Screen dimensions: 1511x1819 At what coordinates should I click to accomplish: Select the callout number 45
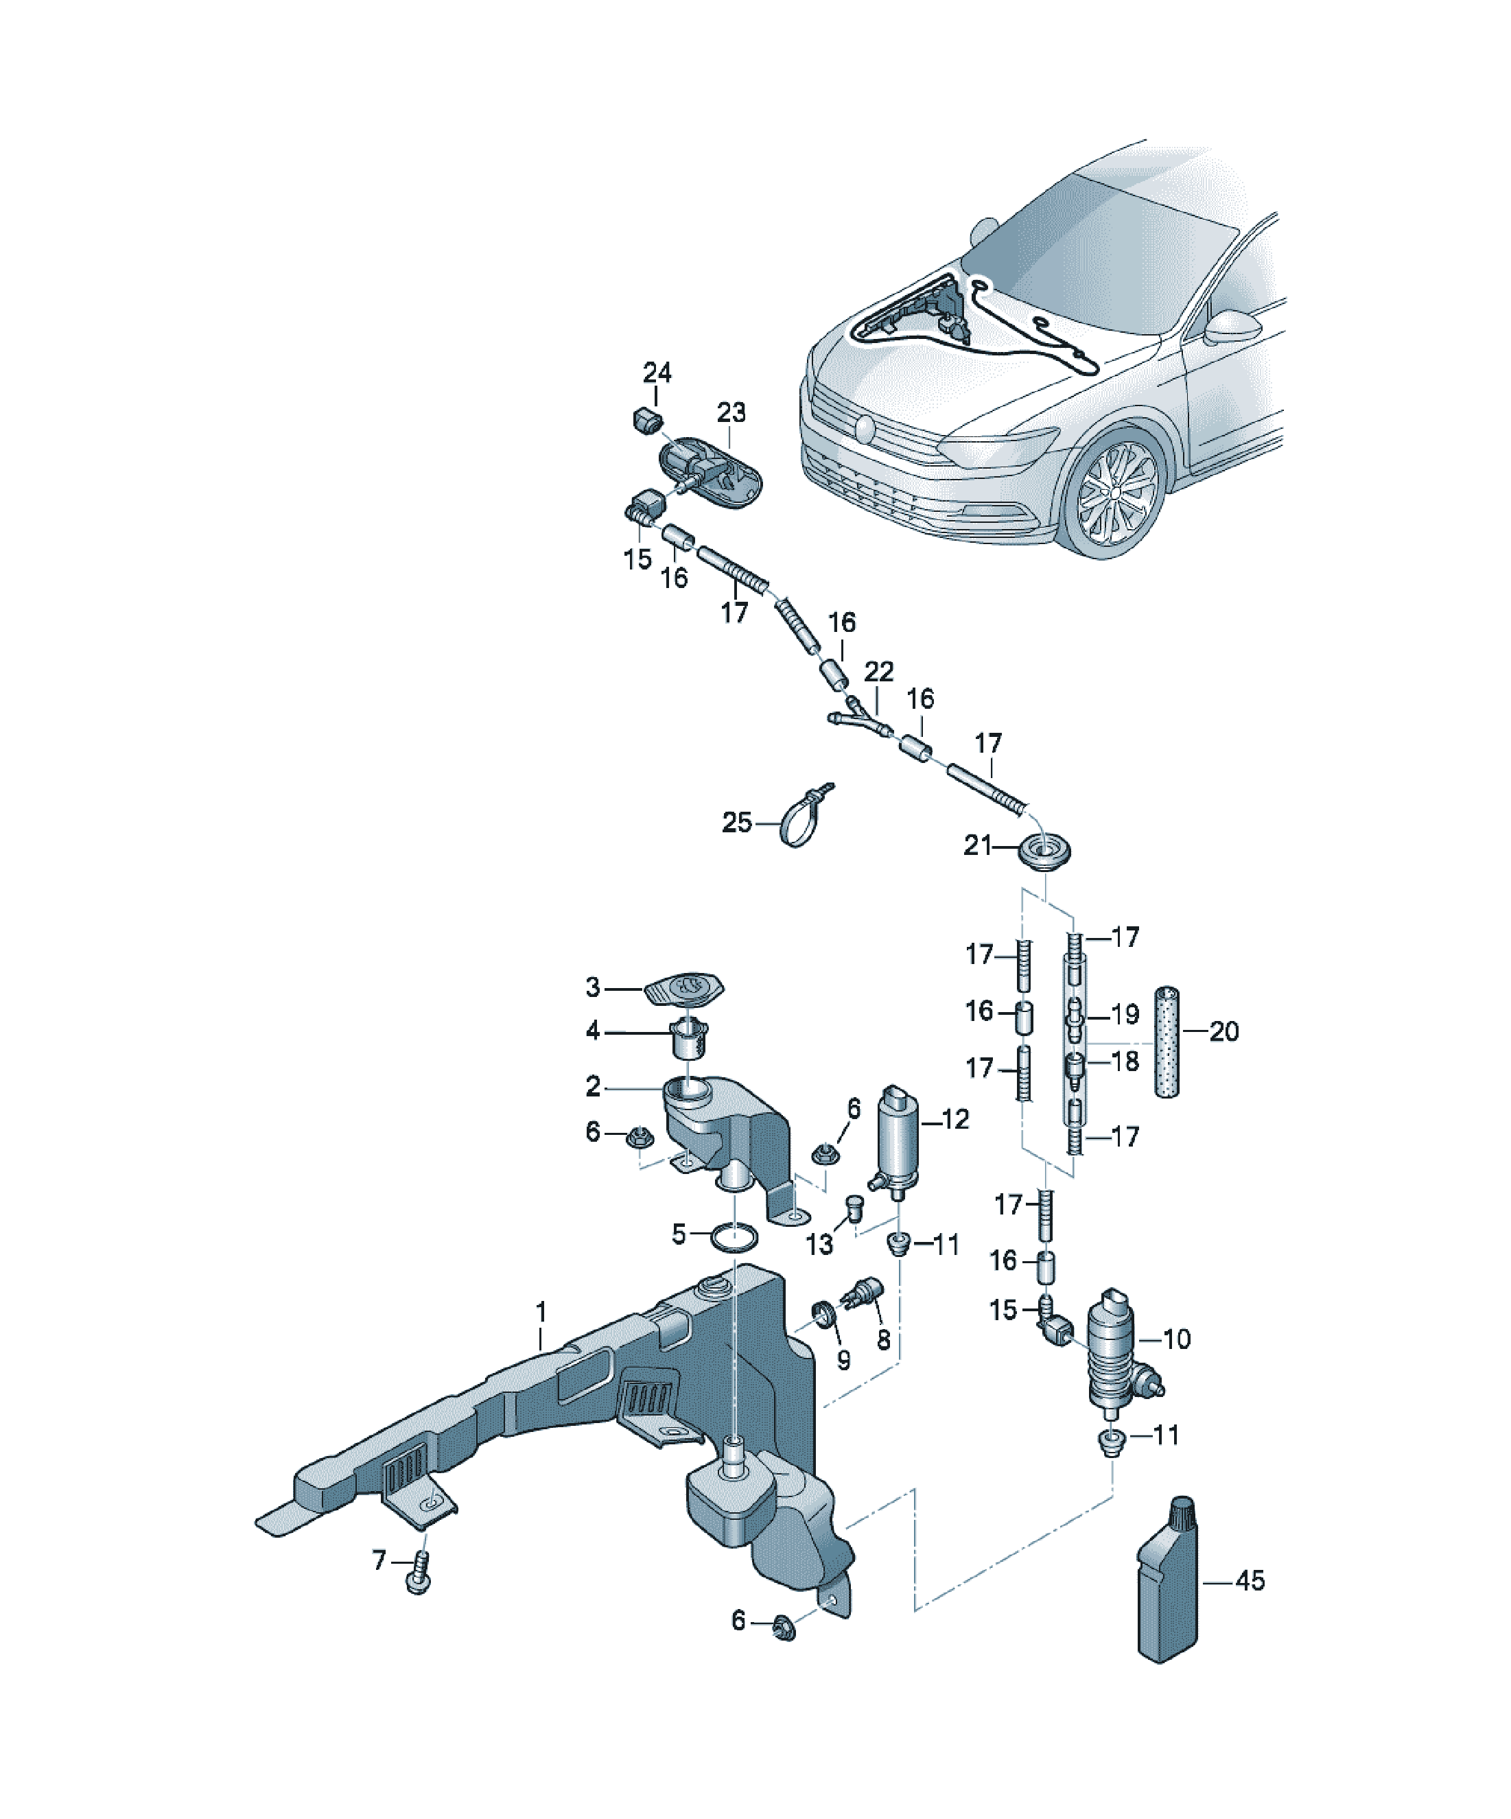[x=1250, y=1581]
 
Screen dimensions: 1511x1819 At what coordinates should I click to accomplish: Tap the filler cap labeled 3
[x=683, y=989]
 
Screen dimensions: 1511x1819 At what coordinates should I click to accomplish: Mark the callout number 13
[x=819, y=1245]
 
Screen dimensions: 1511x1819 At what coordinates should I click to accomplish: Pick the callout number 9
[x=843, y=1360]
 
